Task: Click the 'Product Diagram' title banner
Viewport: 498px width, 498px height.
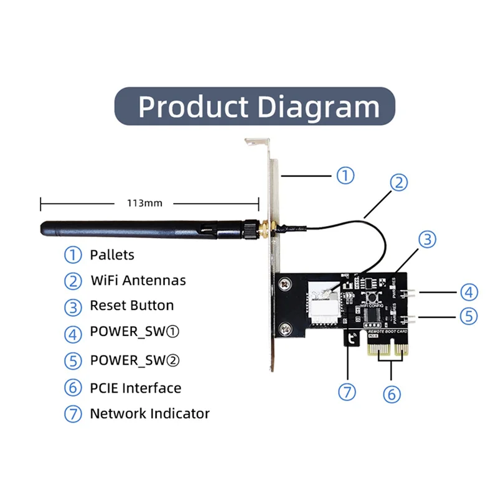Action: (x=255, y=106)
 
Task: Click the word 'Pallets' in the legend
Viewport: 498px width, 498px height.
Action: (x=112, y=255)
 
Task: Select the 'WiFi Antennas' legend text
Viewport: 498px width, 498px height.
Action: (x=138, y=280)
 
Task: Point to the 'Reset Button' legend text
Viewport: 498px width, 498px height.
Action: (x=131, y=306)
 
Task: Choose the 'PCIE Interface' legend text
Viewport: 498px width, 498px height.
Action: (x=136, y=388)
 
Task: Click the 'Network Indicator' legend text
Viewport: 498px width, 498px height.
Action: (x=149, y=413)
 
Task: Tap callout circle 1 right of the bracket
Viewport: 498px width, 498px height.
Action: (x=345, y=176)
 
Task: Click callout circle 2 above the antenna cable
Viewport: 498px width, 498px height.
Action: (x=399, y=182)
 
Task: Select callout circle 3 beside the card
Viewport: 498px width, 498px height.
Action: (x=426, y=239)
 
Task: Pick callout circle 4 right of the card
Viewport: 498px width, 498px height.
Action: (x=469, y=291)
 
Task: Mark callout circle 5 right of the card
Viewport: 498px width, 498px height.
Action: (x=469, y=316)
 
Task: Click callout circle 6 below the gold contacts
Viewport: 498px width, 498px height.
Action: (x=392, y=393)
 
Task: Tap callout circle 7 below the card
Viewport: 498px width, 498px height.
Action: (x=347, y=392)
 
